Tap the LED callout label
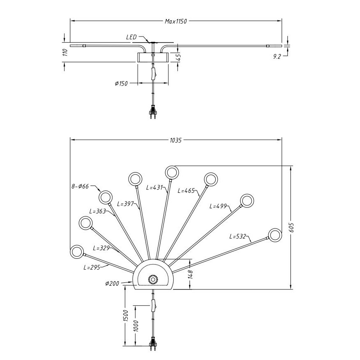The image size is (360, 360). tap(131, 37)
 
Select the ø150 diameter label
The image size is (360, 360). tap(121, 83)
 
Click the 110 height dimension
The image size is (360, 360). tap(64, 52)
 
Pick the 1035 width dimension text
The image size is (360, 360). tap(176, 140)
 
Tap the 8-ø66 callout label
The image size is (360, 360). tap(79, 187)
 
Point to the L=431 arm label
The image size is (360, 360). tap(155, 187)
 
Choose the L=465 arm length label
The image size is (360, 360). tap(186, 191)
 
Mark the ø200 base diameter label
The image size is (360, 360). tap(112, 284)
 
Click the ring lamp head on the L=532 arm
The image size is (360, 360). tap(275, 235)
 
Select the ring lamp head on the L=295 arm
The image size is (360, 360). tap(77, 252)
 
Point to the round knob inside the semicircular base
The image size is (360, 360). tap(153, 279)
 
